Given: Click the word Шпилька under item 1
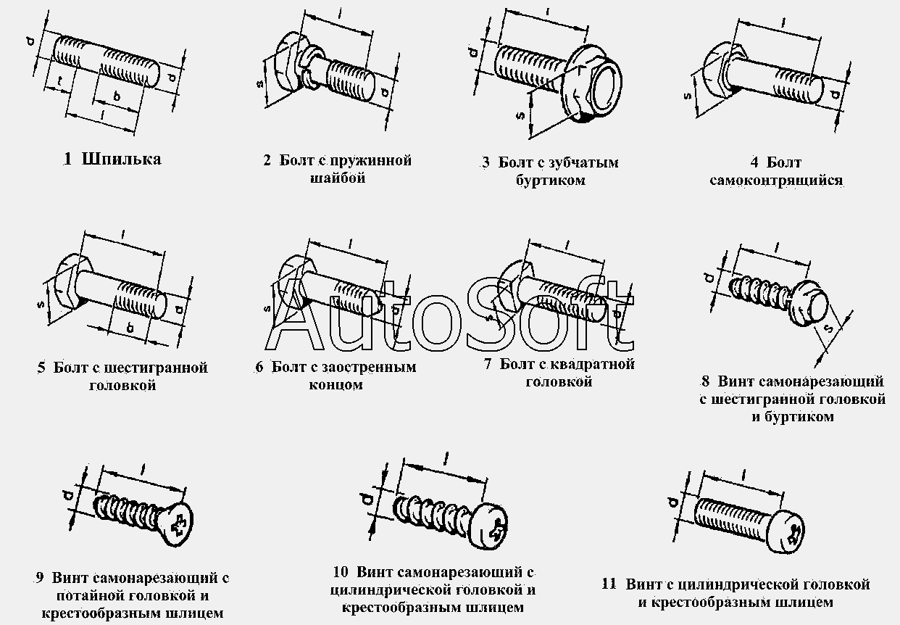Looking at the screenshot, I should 122,160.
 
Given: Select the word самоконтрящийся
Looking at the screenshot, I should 776,180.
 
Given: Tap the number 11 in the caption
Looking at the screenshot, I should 609,584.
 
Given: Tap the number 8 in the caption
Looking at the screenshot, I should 705,381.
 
